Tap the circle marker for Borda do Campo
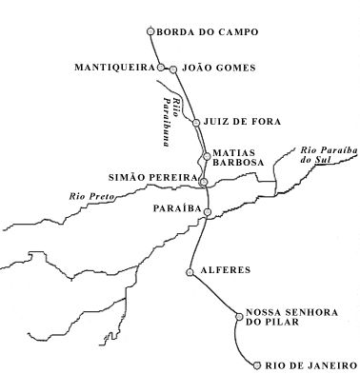150,31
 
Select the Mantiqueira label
115,68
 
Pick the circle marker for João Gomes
173,69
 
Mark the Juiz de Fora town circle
196,122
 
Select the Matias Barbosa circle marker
204,155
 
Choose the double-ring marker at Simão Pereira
203,180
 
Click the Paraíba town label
173,207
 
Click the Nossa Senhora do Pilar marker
238,317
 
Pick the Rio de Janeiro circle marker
257,363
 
